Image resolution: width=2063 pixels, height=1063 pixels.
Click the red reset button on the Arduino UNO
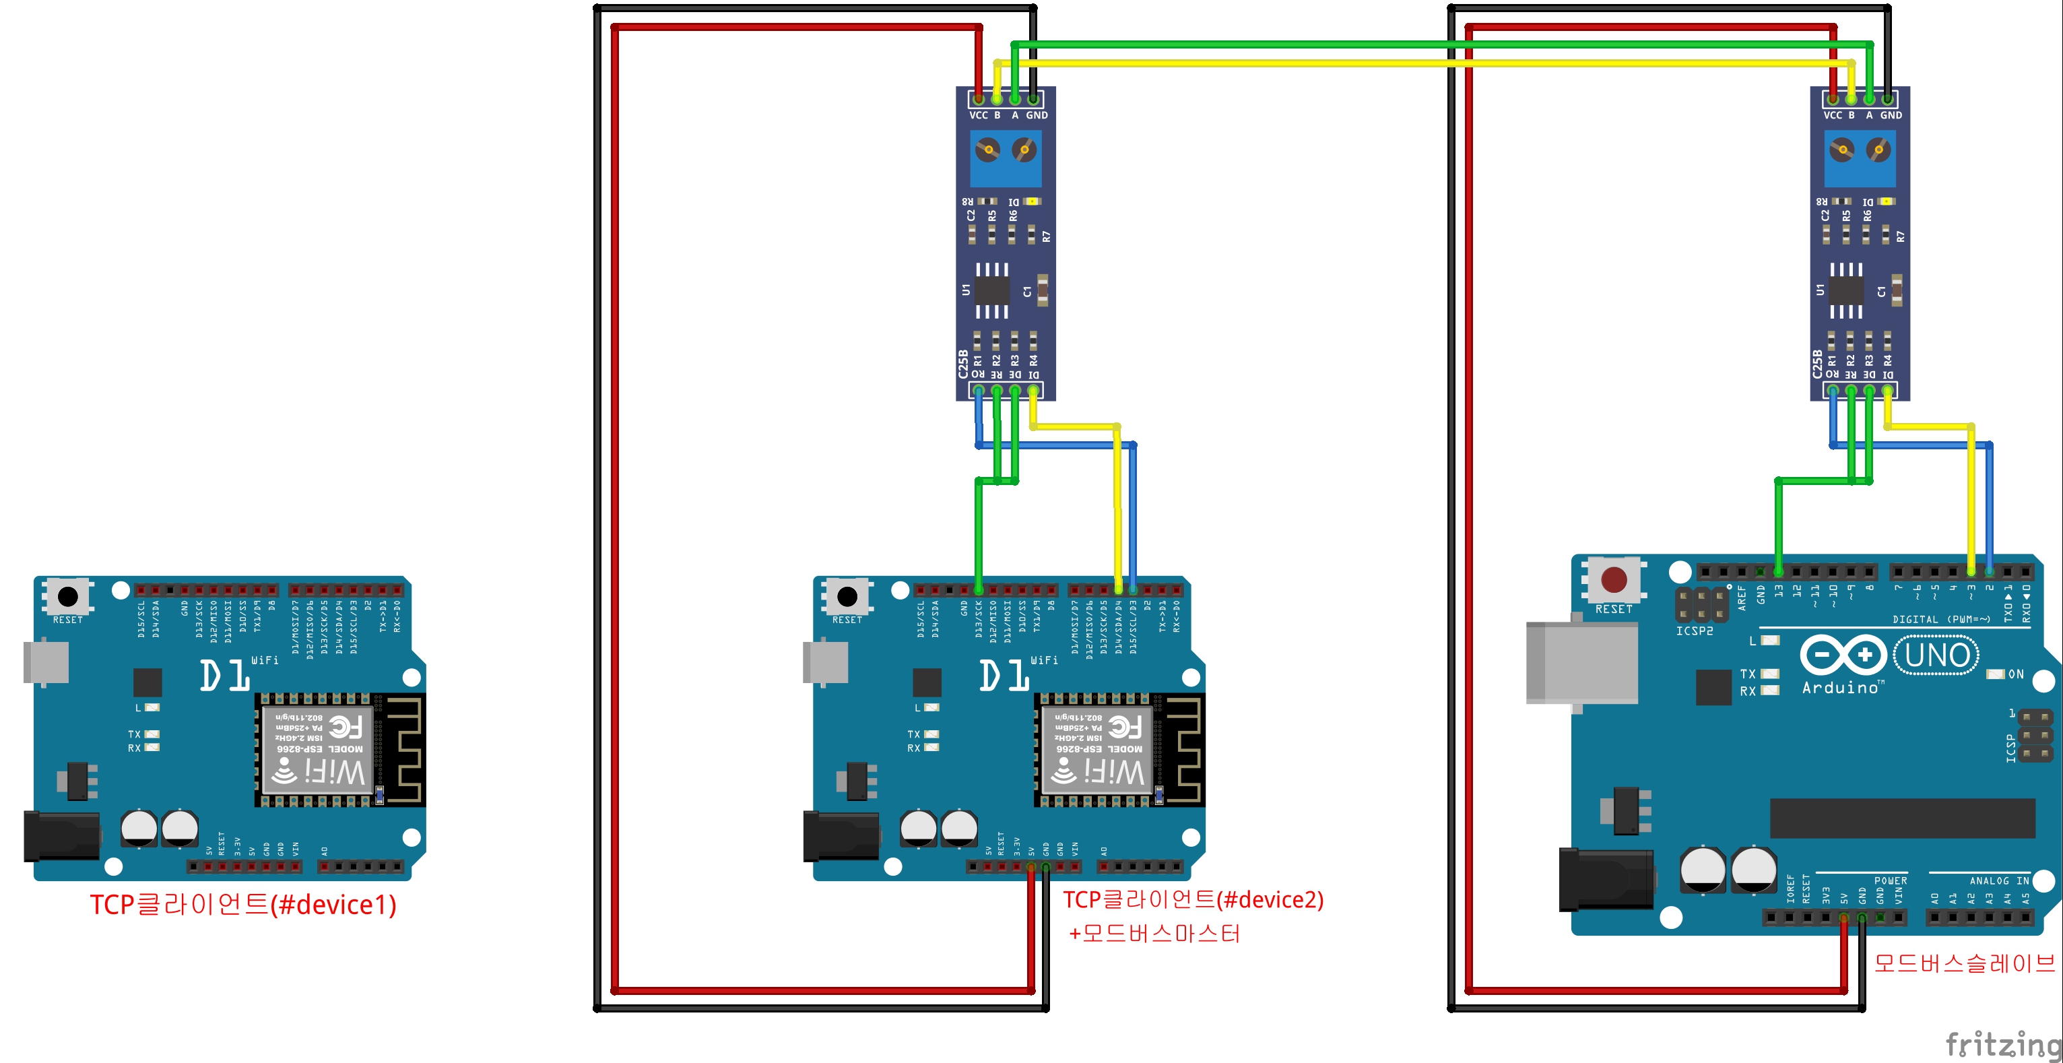point(1613,579)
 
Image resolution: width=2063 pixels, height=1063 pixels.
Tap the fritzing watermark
point(2002,1043)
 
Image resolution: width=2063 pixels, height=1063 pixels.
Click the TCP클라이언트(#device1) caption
point(242,905)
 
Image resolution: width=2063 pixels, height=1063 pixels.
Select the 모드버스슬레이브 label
point(1964,963)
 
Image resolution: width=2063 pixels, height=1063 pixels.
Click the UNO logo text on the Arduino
point(1936,655)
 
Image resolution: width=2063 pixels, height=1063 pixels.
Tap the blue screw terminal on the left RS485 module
point(1006,158)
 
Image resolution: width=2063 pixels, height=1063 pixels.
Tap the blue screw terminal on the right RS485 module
point(1860,158)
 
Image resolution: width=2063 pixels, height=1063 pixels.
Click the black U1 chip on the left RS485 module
point(991,290)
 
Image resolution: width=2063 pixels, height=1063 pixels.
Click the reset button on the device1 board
point(68,597)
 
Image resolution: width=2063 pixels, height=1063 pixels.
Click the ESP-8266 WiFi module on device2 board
point(1096,750)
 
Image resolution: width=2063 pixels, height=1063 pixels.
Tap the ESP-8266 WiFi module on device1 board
point(317,750)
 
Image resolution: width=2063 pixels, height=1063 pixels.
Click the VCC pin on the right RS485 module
point(1833,99)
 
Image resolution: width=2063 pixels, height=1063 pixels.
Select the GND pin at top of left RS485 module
point(1034,99)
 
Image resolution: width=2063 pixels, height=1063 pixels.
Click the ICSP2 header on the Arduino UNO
point(1701,605)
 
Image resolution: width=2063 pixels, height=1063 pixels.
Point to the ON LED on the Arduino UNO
point(1996,674)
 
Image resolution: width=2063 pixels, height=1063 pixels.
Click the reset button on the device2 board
point(847,597)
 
